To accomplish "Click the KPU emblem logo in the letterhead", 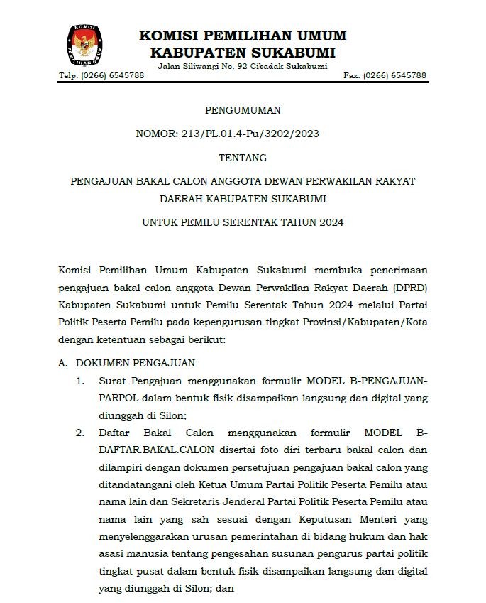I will pos(83,44).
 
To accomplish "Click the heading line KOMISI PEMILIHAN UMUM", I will pos(243,36).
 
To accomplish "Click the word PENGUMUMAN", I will pos(243,110).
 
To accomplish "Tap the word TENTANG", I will pos(243,157).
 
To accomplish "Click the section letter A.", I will pos(62,363).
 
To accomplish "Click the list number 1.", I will pos(80,381).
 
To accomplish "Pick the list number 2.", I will pos(80,433).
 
